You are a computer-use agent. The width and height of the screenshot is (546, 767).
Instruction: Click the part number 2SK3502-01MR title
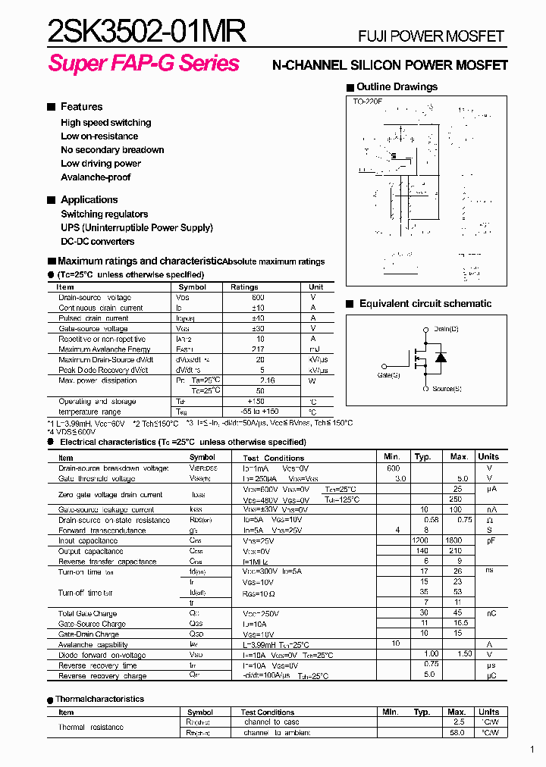pos(146,32)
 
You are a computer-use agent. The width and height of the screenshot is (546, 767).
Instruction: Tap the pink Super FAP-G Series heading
pos(144,63)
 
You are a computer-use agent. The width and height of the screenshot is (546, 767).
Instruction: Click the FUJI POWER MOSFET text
pos(431,36)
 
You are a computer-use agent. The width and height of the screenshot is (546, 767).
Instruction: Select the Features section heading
pos(81,107)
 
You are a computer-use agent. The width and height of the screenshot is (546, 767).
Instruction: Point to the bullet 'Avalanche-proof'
pos(96,177)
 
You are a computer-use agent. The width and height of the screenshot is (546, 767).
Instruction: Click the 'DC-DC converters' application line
pos(98,242)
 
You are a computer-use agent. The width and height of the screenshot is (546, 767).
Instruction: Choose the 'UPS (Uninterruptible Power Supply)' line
pos(136,227)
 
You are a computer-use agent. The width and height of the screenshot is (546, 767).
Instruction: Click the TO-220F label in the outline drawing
pos(366,101)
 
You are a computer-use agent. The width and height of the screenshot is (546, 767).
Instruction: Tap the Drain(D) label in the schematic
pos(447,329)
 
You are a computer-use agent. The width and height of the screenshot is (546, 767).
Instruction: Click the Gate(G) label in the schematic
pos(388,374)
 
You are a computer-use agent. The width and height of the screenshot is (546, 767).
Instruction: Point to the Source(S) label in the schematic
pos(447,389)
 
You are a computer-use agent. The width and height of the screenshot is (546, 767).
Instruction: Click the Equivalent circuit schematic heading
pos(425,304)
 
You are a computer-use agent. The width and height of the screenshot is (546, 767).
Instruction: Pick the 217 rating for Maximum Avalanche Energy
pos(260,349)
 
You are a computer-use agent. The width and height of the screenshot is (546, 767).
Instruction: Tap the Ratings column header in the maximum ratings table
pos(244,287)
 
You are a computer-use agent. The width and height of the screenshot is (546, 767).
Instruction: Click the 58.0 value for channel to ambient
pos(457,734)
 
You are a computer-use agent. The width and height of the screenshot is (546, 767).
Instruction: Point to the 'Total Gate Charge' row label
pos(87,613)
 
